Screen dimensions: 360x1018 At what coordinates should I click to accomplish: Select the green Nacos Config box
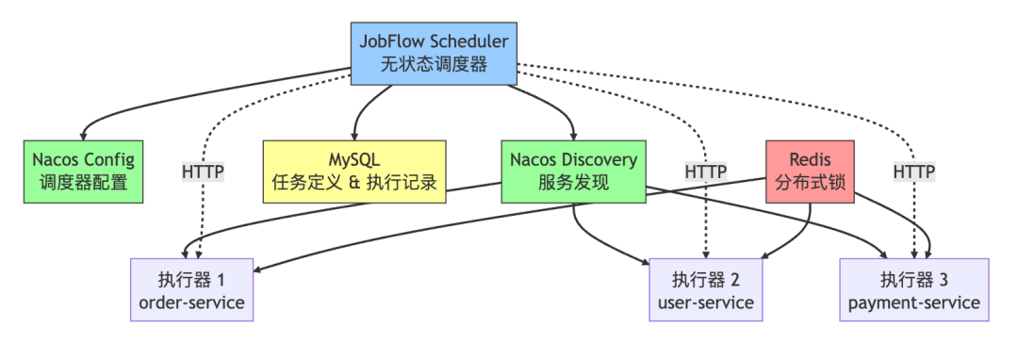(84, 171)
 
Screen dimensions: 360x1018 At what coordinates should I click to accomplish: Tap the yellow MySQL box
(354, 171)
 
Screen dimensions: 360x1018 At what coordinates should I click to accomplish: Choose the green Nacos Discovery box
(573, 171)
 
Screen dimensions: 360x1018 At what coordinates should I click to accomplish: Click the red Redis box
(811, 171)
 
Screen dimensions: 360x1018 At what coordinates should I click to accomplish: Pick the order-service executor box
(191, 290)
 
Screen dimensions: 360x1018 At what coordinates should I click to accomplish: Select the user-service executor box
(712, 290)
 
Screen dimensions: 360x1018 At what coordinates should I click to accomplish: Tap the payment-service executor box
(913, 290)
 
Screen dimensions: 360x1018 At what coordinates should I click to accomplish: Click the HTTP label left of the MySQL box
(204, 172)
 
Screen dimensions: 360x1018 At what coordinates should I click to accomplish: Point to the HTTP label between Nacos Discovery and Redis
(705, 172)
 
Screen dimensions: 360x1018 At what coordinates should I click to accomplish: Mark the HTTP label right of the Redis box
(913, 172)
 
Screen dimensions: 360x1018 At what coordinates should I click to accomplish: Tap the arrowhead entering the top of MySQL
(354, 136)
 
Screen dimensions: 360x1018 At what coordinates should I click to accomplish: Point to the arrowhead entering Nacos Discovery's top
(573, 136)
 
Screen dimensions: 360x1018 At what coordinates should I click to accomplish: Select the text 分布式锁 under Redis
(811, 183)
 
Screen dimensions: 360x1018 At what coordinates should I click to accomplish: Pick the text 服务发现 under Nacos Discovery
(573, 183)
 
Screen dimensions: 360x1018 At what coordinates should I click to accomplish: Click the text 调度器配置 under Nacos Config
(84, 183)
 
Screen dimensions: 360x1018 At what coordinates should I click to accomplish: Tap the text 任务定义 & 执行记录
(354, 183)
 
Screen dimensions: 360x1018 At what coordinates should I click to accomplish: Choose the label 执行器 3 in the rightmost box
(913, 279)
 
